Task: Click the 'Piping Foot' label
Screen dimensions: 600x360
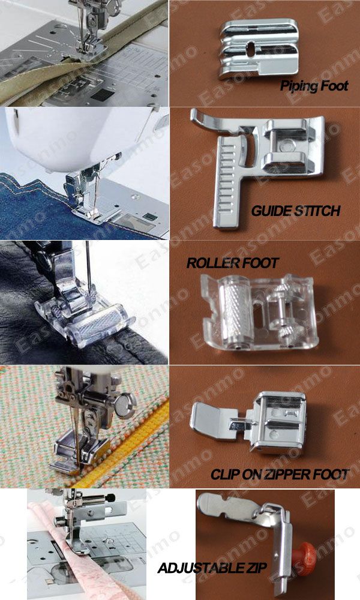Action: pos(314,86)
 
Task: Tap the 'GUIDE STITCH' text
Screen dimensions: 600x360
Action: pos(296,211)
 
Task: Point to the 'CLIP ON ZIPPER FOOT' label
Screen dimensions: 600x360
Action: pos(279,475)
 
